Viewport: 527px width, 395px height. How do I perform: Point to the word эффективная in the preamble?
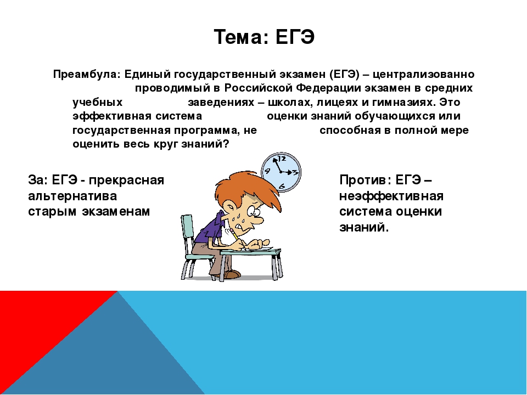(112, 116)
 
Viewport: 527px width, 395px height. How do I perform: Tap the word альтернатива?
(72, 196)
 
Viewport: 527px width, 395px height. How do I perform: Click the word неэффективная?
(391, 196)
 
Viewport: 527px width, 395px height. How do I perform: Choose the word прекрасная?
(126, 180)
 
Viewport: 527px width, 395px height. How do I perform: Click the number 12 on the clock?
(282, 158)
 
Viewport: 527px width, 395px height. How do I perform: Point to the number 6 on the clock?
(282, 186)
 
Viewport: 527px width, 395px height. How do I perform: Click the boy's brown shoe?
(232, 275)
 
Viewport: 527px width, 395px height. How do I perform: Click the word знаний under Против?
(364, 227)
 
